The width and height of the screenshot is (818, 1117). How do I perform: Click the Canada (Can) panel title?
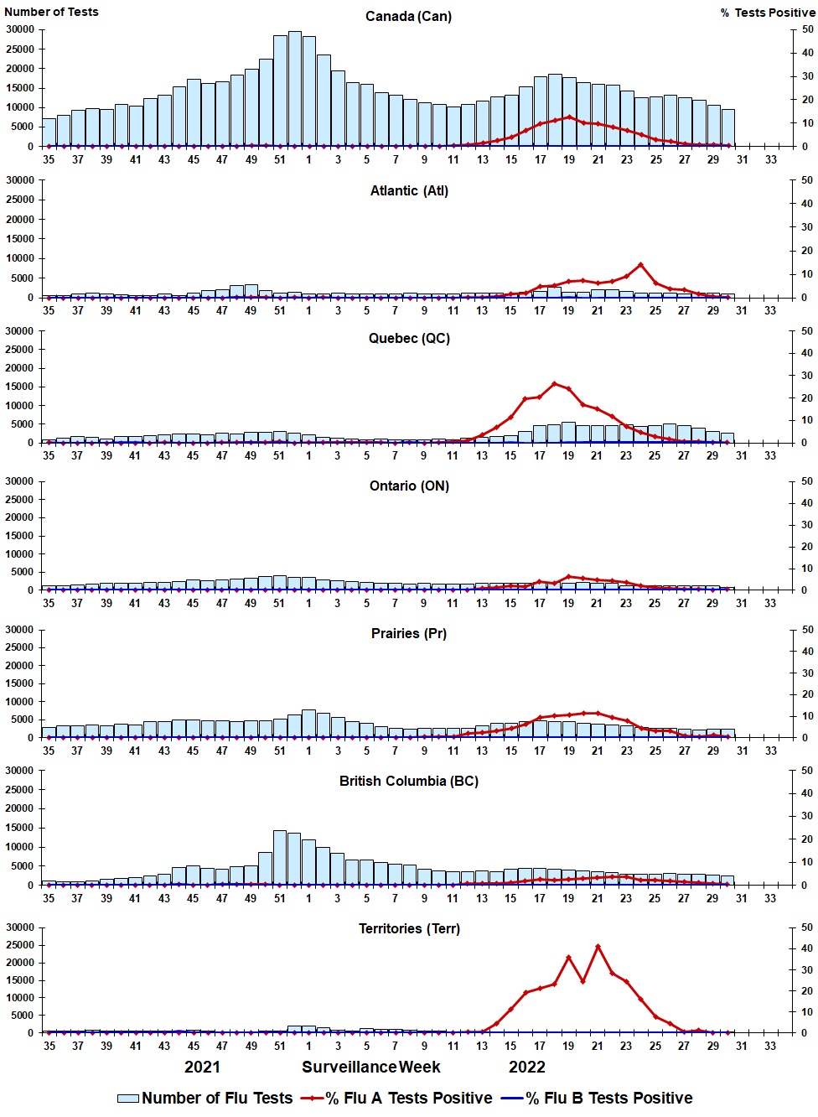point(408,17)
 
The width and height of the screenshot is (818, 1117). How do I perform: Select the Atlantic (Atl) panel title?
point(409,191)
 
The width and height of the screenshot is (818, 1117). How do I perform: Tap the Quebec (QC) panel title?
point(409,339)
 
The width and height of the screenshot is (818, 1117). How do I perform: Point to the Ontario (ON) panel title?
point(409,486)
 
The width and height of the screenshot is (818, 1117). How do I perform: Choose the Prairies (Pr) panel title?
point(409,634)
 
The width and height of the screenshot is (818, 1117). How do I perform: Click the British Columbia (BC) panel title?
point(409,782)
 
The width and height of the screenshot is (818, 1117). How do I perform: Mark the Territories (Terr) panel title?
point(409,929)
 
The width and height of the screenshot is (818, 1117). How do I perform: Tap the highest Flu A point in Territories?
point(598,947)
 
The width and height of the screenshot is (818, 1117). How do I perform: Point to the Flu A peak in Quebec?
point(555,384)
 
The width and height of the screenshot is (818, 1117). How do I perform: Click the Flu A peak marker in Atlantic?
point(641,265)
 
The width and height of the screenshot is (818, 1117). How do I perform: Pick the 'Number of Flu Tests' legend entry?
point(205,1099)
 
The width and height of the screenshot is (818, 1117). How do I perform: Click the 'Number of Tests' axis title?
point(51,12)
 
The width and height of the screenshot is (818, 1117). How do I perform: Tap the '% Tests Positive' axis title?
point(768,13)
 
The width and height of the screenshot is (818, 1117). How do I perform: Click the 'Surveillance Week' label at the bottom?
point(371,1068)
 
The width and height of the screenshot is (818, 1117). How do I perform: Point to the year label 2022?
point(527,1068)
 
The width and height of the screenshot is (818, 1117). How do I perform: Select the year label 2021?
point(202,1068)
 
